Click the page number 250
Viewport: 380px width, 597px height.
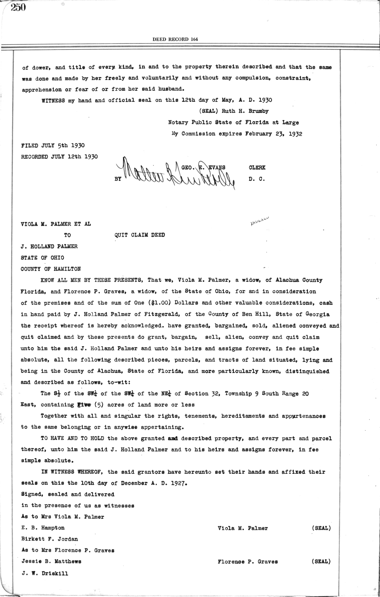point(18,8)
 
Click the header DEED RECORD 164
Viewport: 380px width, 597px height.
point(175,40)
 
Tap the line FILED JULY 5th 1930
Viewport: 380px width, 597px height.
point(53,146)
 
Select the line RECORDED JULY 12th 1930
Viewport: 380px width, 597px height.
point(59,156)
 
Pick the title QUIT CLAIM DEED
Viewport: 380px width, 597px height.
point(140,235)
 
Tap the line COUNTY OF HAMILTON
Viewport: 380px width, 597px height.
point(51,269)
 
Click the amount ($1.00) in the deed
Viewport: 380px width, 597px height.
point(160,303)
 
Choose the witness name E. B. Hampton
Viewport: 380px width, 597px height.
point(43,528)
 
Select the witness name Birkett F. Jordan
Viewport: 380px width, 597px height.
point(50,539)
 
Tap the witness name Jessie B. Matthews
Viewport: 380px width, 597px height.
point(51,561)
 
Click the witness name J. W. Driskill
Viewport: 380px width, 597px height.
point(45,573)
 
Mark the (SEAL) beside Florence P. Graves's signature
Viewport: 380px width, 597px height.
point(321,561)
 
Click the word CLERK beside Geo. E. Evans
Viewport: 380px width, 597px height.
point(257,167)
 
